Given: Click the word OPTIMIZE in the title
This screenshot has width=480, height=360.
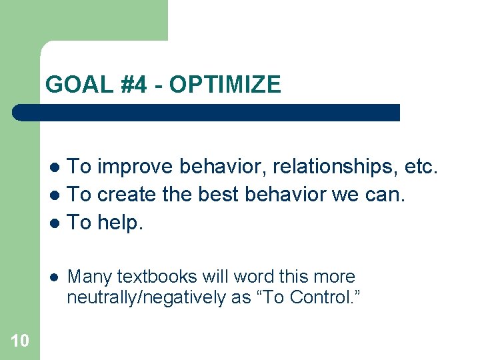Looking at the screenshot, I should coord(225,85).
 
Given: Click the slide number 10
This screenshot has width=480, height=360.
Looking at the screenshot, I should coord(20,341).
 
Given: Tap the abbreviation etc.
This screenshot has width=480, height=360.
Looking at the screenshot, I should coord(421,166).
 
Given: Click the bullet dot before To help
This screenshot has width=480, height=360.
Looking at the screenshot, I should coord(57,223).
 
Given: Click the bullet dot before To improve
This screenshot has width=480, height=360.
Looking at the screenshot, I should coord(57,167).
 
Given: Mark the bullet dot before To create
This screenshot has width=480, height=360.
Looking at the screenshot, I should coord(57,195).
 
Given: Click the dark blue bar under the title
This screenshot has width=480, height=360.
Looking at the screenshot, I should coord(207,113).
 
